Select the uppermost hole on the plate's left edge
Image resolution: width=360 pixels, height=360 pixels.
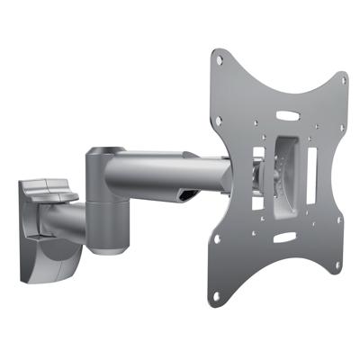click(x=220, y=61)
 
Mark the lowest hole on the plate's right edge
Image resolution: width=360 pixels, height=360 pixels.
click(x=337, y=266)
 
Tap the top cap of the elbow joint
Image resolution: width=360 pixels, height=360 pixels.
click(x=107, y=153)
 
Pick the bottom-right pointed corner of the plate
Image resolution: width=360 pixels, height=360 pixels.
click(x=341, y=273)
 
